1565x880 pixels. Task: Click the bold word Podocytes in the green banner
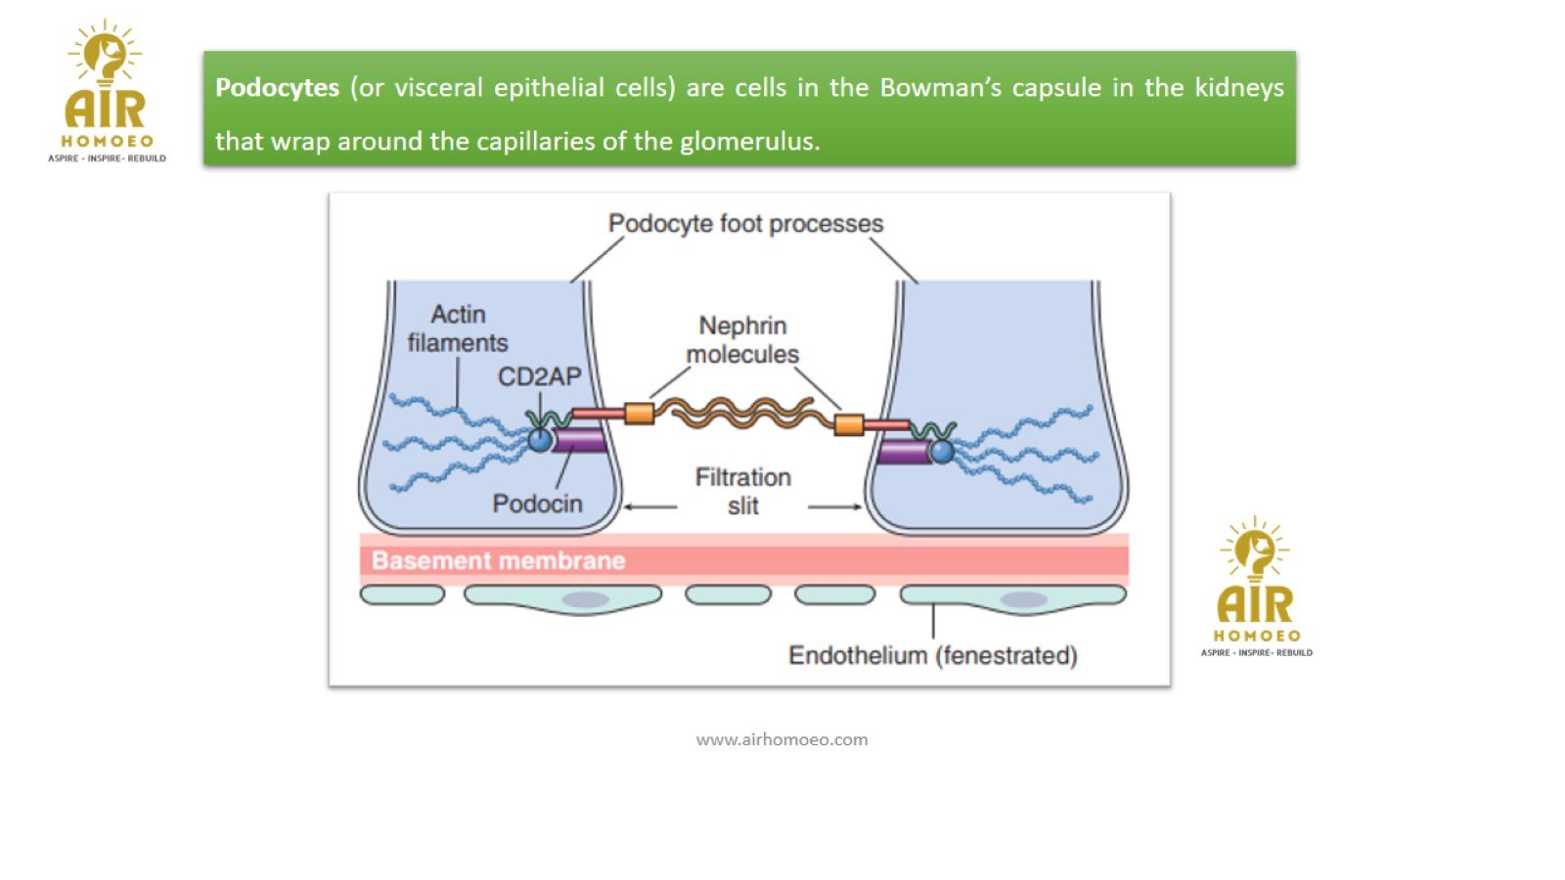click(277, 88)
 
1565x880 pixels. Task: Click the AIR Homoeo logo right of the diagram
click(1256, 587)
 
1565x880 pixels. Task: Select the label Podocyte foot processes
click(745, 224)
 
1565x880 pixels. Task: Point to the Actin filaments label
click(458, 329)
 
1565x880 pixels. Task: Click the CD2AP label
click(539, 376)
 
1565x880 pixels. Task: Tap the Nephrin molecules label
click(742, 339)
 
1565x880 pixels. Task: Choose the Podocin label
click(537, 504)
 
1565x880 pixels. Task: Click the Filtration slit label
click(743, 491)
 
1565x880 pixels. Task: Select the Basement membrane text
click(498, 560)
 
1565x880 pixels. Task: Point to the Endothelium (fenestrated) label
click(932, 655)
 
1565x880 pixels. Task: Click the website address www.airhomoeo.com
click(782, 740)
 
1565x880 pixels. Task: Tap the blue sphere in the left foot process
click(540, 440)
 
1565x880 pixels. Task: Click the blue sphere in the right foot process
click(941, 451)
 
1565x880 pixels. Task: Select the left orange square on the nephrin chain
click(639, 414)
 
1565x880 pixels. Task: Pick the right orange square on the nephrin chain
click(848, 424)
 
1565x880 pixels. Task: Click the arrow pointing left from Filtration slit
click(650, 506)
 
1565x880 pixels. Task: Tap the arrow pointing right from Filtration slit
click(834, 506)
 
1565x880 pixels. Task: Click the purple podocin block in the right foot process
click(903, 452)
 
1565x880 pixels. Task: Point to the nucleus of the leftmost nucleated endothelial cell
click(585, 599)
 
